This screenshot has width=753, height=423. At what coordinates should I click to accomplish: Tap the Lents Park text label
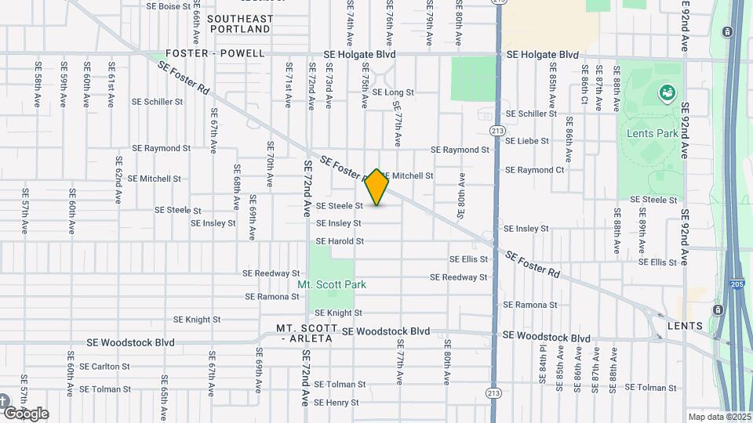coord(652,133)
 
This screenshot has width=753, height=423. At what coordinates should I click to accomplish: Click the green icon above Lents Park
coord(668,94)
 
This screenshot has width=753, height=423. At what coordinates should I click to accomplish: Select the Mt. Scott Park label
coord(332,285)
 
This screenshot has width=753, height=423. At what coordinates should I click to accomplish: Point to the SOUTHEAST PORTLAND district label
coord(230,23)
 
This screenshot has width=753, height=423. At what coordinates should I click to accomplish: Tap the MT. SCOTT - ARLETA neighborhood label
coord(305,333)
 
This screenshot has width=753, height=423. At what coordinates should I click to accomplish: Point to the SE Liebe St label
coord(531,141)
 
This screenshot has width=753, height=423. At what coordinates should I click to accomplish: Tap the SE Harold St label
coord(340,241)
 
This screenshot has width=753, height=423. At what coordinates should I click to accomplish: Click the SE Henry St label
coord(336,403)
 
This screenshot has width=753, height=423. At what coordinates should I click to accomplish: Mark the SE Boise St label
coord(169,5)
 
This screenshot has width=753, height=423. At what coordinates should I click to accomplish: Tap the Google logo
coord(26,413)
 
